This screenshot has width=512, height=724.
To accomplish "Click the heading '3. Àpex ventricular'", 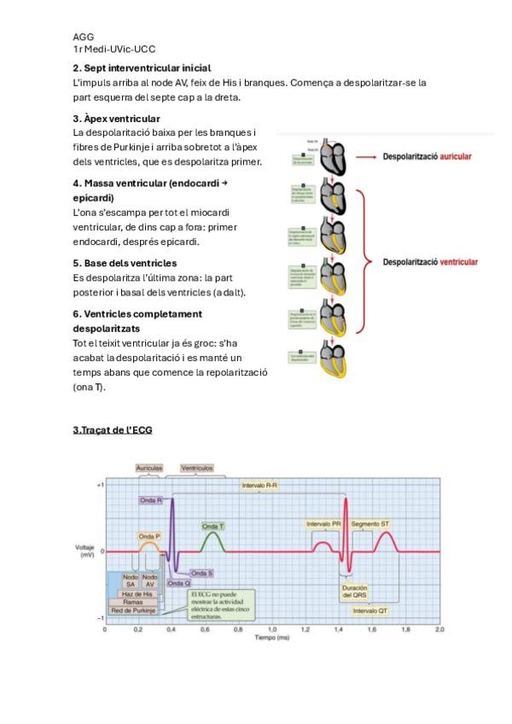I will (116, 119).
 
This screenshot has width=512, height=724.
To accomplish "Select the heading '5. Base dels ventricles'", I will (125, 263).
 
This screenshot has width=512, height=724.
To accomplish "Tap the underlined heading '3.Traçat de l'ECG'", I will (112, 429).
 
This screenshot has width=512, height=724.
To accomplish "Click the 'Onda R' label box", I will (151, 499).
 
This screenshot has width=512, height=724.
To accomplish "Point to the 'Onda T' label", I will (213, 526).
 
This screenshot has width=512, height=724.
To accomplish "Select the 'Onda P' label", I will (149, 536).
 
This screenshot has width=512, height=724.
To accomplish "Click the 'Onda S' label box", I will (202, 573).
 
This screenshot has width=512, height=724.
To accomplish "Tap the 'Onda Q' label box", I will (179, 583).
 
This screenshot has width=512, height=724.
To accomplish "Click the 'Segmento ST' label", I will (370, 523).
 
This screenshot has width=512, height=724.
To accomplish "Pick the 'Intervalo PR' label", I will (323, 523).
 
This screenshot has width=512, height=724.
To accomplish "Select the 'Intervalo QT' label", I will (370, 610).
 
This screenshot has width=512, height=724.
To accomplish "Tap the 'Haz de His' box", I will (137, 593).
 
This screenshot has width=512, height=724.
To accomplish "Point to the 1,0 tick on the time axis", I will (271, 629).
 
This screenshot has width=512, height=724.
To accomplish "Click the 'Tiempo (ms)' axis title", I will (271, 639).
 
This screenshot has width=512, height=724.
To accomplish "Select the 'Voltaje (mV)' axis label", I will (85, 551).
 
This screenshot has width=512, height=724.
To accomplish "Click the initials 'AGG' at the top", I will (83, 38).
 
